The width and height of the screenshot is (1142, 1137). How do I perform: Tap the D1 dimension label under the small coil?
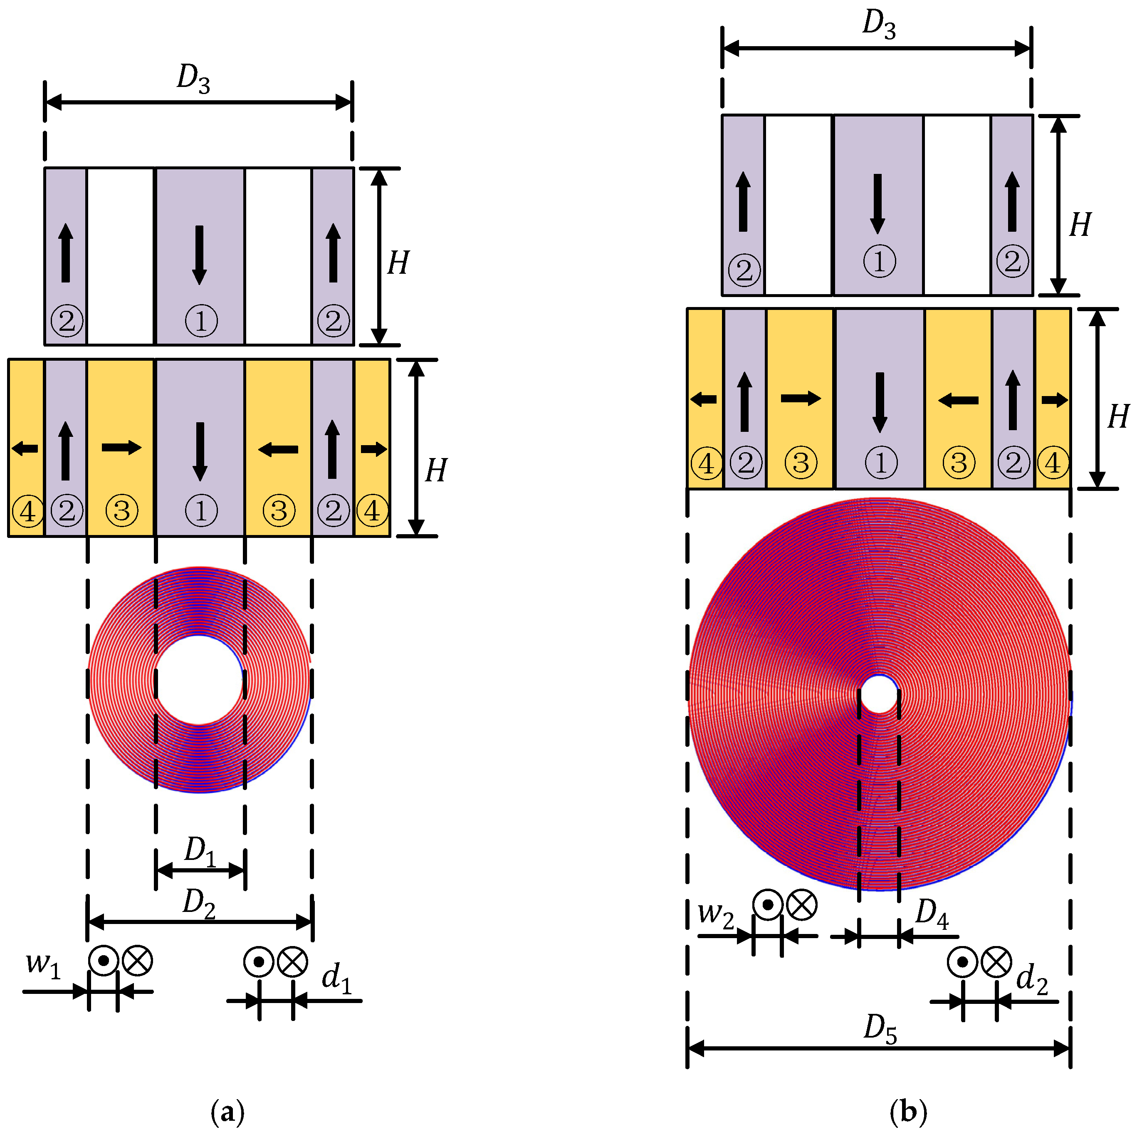(200, 851)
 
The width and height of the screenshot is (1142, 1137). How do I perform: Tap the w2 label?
(716, 914)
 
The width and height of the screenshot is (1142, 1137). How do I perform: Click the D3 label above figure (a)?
(193, 78)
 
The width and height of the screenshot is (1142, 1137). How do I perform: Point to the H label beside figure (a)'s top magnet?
(398, 263)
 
